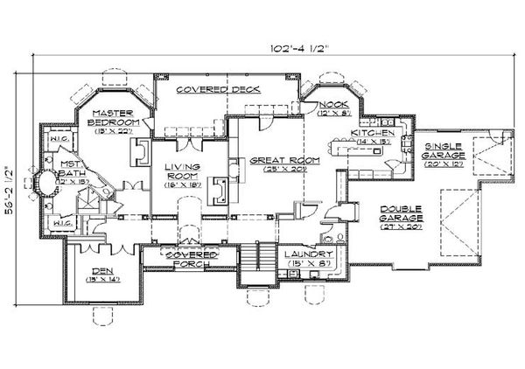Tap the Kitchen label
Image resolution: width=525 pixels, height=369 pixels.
pyautogui.click(x=371, y=134)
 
